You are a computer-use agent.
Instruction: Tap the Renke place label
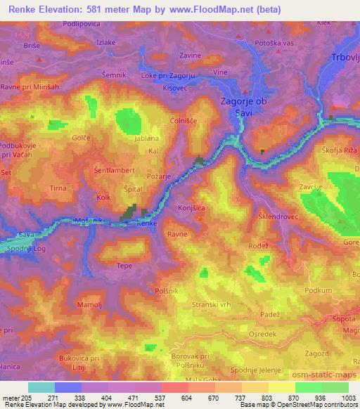[x=147, y=223]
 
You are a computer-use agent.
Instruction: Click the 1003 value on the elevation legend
[x=347, y=398]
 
